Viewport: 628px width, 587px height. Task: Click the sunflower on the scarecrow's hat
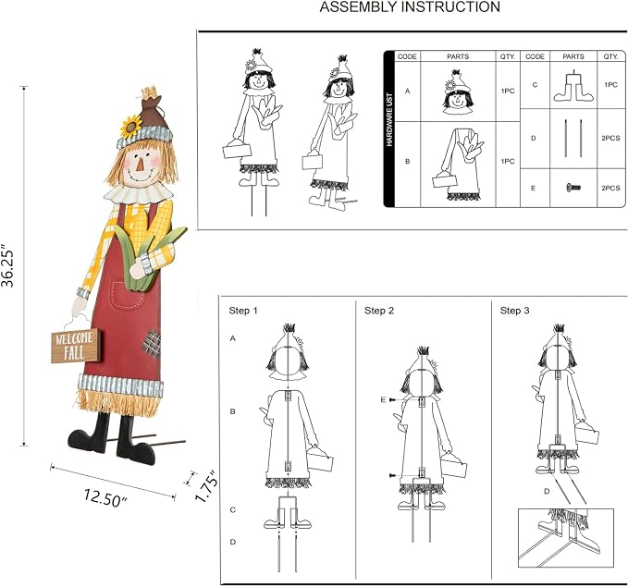(x=130, y=127)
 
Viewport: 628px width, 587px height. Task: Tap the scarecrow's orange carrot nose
(x=139, y=165)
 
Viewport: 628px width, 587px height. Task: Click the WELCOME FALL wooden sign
(x=75, y=346)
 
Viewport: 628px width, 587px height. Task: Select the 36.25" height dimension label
(x=8, y=266)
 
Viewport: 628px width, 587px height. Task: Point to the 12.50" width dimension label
(x=105, y=497)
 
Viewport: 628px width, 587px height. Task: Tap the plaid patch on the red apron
(x=152, y=343)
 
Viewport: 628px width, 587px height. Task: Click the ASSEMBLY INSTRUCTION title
(x=410, y=6)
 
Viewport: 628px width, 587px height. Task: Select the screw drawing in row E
(x=573, y=187)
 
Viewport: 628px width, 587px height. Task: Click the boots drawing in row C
(x=573, y=87)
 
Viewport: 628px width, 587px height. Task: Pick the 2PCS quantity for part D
(x=610, y=138)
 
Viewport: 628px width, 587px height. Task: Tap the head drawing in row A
(x=458, y=92)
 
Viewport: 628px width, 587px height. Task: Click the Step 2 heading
(x=379, y=311)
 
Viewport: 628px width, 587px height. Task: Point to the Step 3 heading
(x=514, y=311)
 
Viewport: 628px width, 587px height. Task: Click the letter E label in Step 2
(x=383, y=399)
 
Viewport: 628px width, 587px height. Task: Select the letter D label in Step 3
(x=548, y=491)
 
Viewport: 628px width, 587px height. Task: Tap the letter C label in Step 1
(x=233, y=510)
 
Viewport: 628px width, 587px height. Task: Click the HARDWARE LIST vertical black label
(x=389, y=119)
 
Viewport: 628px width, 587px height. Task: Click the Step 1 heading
(x=243, y=311)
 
